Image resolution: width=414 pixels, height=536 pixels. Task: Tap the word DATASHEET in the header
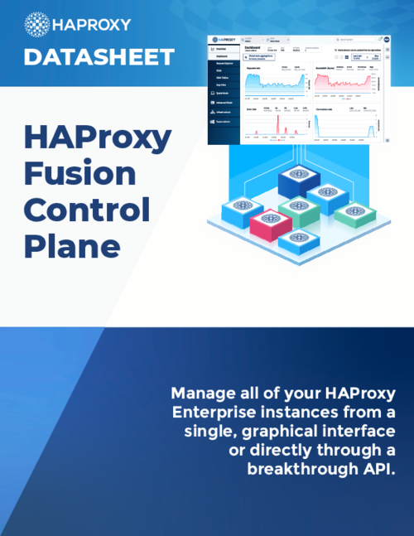pos(99,57)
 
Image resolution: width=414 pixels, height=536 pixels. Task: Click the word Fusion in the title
pos(79,174)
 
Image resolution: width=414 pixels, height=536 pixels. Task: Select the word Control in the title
pos(87,211)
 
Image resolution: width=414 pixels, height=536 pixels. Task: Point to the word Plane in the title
pos(71,246)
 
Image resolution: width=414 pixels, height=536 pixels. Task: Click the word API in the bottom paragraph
pos(375,469)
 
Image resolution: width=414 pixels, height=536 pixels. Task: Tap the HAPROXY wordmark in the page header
pos(91,24)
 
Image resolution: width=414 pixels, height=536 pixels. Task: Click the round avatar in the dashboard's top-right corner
pos(388,39)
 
